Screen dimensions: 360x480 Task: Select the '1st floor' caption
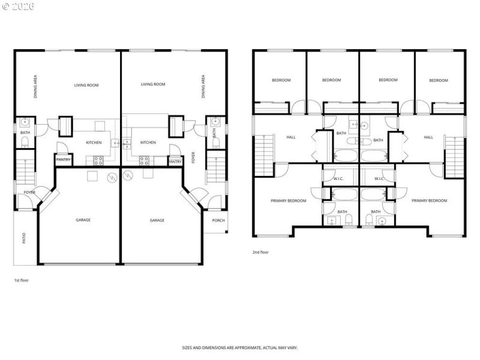point(21,280)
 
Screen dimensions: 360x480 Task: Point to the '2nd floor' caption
point(260,252)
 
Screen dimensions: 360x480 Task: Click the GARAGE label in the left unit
point(83,220)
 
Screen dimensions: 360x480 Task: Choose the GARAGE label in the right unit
point(157,220)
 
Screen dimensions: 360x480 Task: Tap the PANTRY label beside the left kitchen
point(63,160)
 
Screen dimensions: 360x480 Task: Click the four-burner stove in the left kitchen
point(98,160)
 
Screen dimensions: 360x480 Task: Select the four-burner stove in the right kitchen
point(145,160)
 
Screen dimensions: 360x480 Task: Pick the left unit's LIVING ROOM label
point(86,85)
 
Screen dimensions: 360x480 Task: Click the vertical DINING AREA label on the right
point(203,86)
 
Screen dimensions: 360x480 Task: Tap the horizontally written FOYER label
point(29,192)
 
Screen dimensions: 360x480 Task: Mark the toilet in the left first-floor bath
point(25,142)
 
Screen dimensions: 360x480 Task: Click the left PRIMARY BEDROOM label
point(289,200)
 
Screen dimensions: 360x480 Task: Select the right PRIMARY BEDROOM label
point(429,200)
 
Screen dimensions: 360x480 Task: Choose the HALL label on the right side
point(428,137)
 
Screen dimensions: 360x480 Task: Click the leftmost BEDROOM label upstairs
point(281,80)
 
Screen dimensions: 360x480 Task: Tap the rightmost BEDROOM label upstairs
point(439,80)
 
